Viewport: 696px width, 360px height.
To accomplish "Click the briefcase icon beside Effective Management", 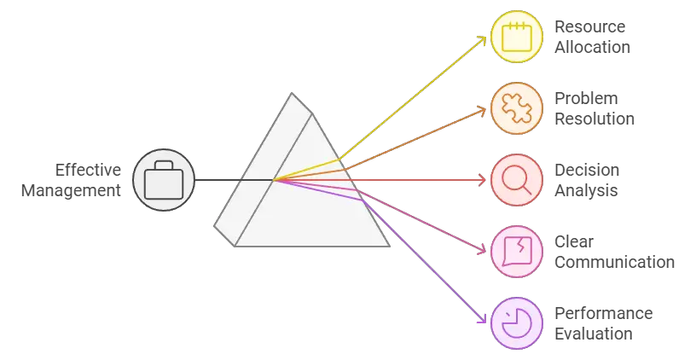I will pyautogui.click(x=164, y=181).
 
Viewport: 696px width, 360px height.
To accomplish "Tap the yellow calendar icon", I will pyautogui.click(x=516, y=37).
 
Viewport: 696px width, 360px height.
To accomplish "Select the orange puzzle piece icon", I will pyautogui.click(x=516, y=108).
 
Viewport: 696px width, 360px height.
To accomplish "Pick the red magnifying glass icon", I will pyautogui.click(x=516, y=181).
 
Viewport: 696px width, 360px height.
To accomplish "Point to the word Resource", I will pyautogui.click(x=589, y=27).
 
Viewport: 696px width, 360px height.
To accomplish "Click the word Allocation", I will pyautogui.click(x=593, y=47).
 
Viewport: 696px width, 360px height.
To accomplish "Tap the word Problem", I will pyautogui.click(x=586, y=99).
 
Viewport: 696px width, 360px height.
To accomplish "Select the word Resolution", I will pyautogui.click(x=594, y=119).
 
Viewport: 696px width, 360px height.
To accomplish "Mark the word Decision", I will pyautogui.click(x=587, y=171).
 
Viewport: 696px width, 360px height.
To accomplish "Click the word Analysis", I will pyautogui.click(x=586, y=190).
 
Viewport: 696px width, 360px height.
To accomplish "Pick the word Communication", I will pyautogui.click(x=614, y=262).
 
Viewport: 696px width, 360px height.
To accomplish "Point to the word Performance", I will pyautogui.click(x=603, y=314).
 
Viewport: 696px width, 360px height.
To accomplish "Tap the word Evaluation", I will pyautogui.click(x=594, y=334).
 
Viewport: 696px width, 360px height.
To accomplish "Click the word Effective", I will pyautogui.click(x=89, y=170).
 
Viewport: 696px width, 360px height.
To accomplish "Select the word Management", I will pyautogui.click(x=72, y=190).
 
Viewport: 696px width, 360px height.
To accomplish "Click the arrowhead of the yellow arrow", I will pyautogui.click(x=485, y=40).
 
